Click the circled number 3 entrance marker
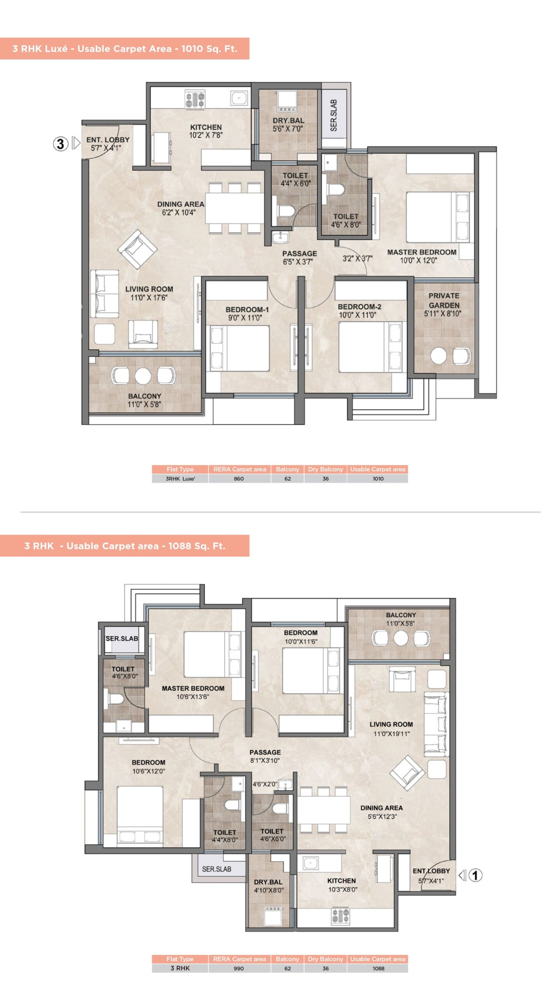[x=61, y=144]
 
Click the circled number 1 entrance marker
[x=475, y=875]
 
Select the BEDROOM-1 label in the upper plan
[x=247, y=310]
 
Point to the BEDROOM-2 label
[x=359, y=307]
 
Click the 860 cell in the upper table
[x=239, y=479]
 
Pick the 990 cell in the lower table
[x=239, y=969]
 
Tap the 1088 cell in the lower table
[x=378, y=969]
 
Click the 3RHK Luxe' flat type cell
[x=180, y=479]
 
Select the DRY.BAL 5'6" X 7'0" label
[x=288, y=125]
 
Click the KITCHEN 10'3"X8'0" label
[x=342, y=885]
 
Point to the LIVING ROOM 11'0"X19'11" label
[x=391, y=729]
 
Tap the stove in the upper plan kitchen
[x=195, y=100]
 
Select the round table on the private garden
[x=439, y=356]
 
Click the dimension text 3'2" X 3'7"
[x=357, y=258]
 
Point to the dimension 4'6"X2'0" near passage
[x=265, y=784]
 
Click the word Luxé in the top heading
[x=57, y=49]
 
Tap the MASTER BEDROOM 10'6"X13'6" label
[x=193, y=692]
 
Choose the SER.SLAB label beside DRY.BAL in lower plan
[x=217, y=869]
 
